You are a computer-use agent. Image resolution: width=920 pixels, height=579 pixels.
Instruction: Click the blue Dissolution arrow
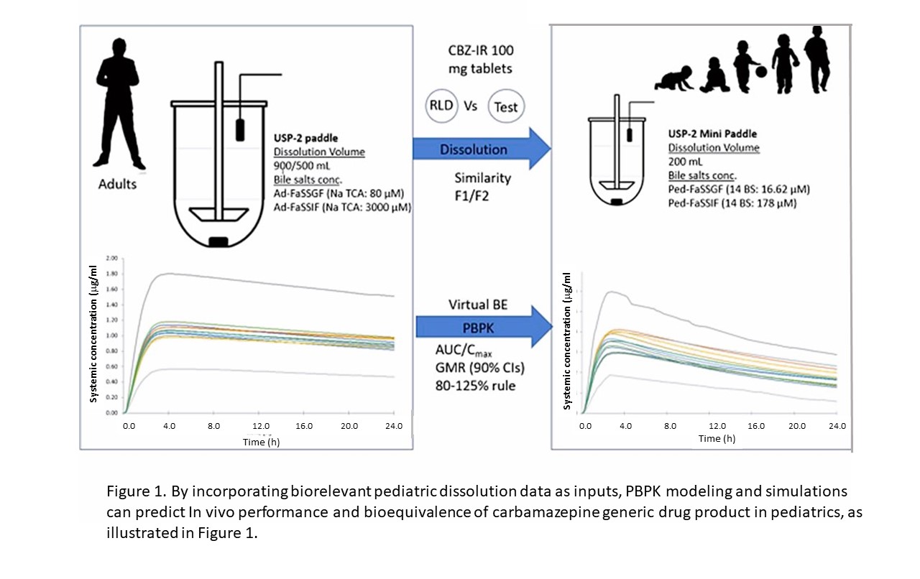[482, 149]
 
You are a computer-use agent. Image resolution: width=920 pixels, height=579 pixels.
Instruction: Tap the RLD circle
[441, 106]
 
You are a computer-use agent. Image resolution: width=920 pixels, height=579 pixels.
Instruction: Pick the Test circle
[506, 106]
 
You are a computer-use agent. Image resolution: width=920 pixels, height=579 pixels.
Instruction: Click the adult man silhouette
[118, 104]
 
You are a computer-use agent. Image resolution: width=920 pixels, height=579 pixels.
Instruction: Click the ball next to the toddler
[760, 72]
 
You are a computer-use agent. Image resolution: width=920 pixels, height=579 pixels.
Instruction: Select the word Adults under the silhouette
[117, 184]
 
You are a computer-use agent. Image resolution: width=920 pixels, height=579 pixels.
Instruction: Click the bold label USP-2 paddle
[306, 138]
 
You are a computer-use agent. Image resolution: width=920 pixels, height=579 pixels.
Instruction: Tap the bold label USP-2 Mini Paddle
[712, 134]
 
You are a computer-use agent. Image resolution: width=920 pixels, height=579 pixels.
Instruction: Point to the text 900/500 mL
[302, 165]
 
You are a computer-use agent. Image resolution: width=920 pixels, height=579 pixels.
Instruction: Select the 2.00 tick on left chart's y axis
[111, 259]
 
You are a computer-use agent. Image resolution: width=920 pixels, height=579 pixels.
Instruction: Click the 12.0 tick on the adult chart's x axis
[261, 426]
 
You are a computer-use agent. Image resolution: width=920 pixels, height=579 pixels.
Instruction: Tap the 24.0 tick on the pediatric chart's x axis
[837, 426]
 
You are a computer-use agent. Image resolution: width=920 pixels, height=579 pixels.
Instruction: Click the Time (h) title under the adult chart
[261, 442]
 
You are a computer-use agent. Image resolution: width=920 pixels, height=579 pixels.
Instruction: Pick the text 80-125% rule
[475, 386]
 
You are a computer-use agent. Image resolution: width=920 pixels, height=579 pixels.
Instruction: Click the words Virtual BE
[478, 305]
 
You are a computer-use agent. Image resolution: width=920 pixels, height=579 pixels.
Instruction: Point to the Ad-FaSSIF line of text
[343, 207]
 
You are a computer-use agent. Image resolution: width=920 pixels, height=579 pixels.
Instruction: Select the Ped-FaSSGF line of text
[739, 190]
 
